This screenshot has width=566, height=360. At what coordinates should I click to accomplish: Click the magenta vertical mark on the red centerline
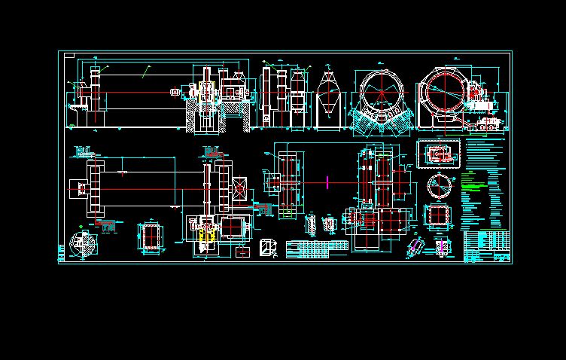click(x=328, y=181)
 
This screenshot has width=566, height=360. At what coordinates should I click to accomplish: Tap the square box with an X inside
click(x=241, y=188)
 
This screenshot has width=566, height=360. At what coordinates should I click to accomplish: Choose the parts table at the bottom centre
click(x=309, y=249)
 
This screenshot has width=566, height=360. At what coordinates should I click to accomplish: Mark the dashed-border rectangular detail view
click(x=437, y=154)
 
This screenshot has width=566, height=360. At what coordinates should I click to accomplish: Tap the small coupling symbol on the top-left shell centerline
click(x=175, y=93)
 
